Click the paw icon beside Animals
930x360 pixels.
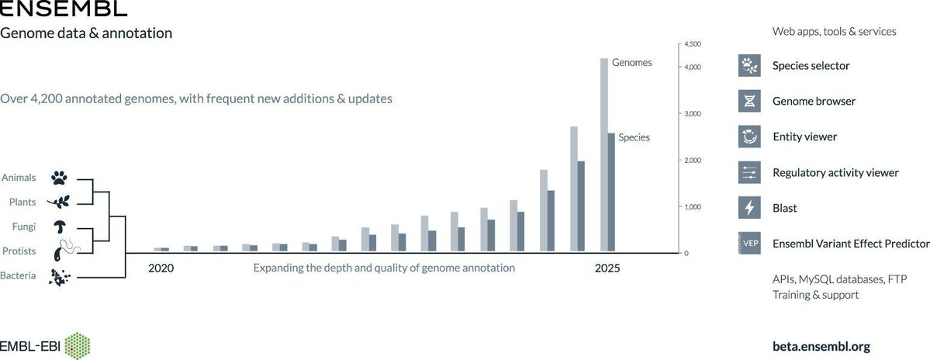[60, 178]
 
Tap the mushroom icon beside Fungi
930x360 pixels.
[60, 227]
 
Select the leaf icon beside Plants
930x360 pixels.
[60, 202]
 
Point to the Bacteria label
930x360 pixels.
[18, 275]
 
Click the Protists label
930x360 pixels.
[19, 251]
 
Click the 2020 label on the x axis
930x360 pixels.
[161, 268]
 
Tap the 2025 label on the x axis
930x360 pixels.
[607, 268]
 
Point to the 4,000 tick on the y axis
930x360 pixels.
[692, 67]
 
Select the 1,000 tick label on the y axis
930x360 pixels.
[692, 207]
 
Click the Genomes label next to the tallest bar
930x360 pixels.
[631, 62]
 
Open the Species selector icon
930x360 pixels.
[748, 66]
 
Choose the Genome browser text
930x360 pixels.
[814, 101]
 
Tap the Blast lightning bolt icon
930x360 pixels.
[748, 208]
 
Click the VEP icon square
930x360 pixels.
[748, 244]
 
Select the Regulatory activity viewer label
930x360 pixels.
[835, 172]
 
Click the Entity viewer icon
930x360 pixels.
[748, 137]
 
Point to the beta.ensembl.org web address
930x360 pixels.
[826, 346]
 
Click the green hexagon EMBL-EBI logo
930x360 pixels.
[78, 346]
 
